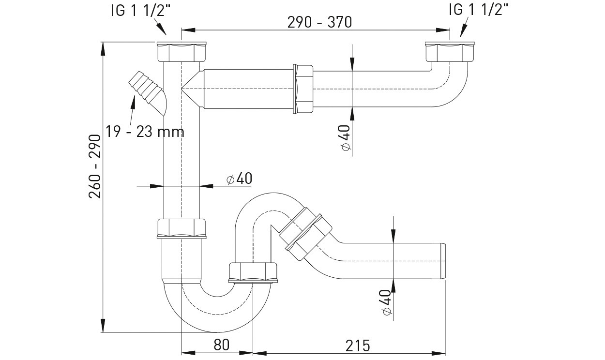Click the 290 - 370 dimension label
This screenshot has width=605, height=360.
[x=319, y=22]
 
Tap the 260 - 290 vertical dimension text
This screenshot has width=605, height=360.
[x=95, y=166]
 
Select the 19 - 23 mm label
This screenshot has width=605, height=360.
[x=145, y=132]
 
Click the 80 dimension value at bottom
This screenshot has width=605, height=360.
[x=222, y=345]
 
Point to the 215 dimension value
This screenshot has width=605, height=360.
[x=358, y=345]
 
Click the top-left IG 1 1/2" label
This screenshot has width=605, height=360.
[x=141, y=11]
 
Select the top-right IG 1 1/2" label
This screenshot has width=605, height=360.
[x=478, y=10]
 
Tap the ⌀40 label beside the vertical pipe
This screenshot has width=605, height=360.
[x=239, y=178]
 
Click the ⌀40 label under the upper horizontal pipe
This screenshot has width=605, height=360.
[x=346, y=138]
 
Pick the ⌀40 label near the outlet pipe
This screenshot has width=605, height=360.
[x=387, y=302]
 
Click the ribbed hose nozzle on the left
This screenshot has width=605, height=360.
[x=147, y=91]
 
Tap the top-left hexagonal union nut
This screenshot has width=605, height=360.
[x=181, y=52]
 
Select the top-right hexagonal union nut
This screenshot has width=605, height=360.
[x=450, y=52]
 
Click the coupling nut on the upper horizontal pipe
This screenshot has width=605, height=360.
[x=303, y=89]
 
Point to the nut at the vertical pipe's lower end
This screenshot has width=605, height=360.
[x=181, y=229]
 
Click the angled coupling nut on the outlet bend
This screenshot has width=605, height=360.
[x=305, y=234]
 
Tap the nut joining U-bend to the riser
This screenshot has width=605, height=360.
[x=253, y=272]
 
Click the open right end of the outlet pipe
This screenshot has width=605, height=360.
[x=444, y=261]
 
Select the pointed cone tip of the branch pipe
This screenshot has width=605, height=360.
[x=182, y=89]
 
